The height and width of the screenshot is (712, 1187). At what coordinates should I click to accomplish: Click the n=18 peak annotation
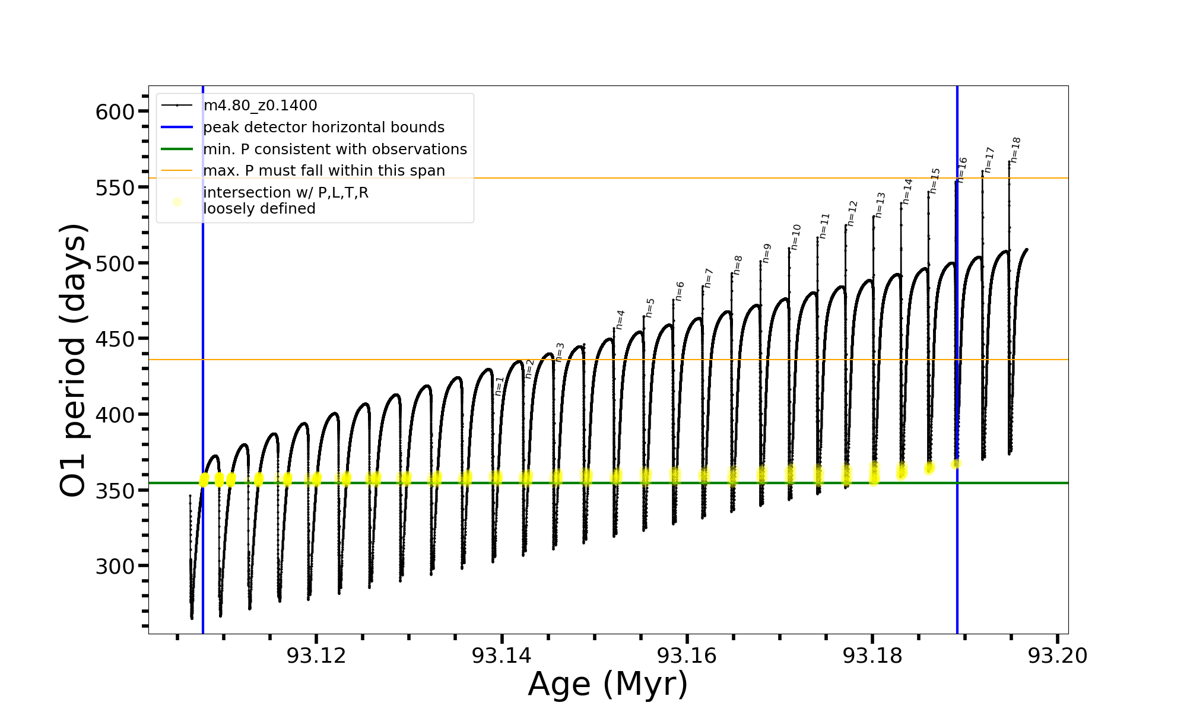(x=1015, y=150)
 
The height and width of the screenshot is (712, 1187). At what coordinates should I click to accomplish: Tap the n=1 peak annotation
(x=499, y=386)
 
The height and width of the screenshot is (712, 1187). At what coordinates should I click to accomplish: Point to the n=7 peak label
(x=708, y=278)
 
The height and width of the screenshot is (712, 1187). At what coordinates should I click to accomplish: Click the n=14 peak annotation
(x=907, y=191)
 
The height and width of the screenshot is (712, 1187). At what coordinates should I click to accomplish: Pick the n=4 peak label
(x=620, y=319)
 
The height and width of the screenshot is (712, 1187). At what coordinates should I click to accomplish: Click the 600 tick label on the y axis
(x=115, y=112)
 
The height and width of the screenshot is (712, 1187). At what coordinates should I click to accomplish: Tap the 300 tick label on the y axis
(x=115, y=567)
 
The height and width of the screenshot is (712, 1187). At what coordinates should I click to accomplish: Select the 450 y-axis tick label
(x=115, y=339)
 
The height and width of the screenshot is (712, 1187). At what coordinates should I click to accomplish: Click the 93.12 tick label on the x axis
(x=316, y=656)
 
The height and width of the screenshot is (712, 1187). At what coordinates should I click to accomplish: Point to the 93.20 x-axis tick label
(x=1058, y=656)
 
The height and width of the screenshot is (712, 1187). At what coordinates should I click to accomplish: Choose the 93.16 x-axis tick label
(x=687, y=656)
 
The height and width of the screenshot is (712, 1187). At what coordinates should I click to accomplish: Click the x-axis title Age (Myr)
(x=608, y=684)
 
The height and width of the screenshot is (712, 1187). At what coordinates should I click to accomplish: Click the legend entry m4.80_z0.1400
(x=260, y=106)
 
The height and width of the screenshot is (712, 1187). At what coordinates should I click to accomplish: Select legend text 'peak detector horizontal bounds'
(x=323, y=128)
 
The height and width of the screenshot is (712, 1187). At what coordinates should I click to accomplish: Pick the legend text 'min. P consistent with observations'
(x=335, y=150)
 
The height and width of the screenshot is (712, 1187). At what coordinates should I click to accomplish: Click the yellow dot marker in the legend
(x=177, y=202)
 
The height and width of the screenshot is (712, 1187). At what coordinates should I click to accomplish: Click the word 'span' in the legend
(x=429, y=171)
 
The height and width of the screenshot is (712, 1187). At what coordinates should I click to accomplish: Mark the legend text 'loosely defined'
(x=259, y=209)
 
